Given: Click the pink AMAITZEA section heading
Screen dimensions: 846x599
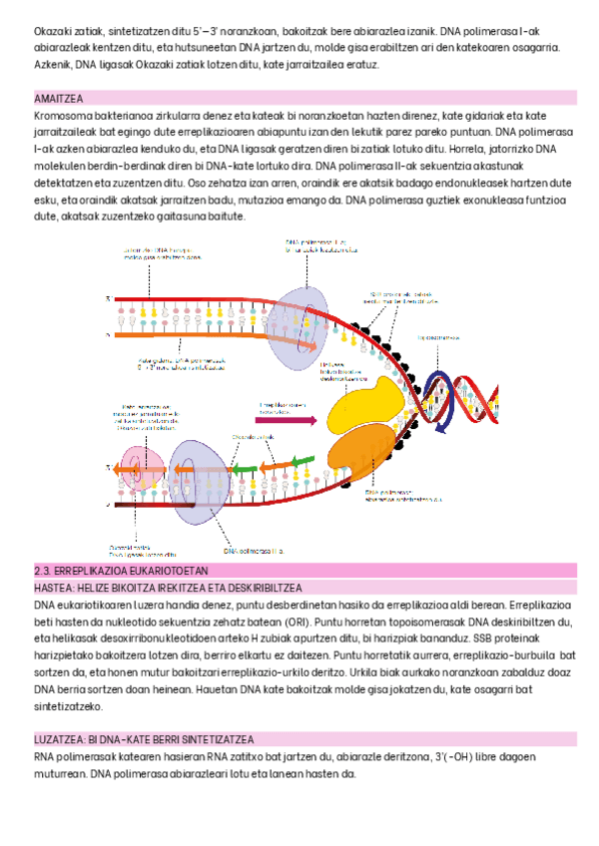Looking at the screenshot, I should (58, 98).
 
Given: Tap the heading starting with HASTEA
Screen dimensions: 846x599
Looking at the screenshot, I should (168, 588).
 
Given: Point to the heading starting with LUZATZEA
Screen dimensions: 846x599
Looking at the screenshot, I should (142, 739).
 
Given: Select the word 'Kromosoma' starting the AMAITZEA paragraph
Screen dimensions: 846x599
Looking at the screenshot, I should (58, 116).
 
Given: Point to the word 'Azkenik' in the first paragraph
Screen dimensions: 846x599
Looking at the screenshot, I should (51, 64).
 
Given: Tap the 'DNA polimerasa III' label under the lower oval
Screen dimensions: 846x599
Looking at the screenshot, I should (255, 550).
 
